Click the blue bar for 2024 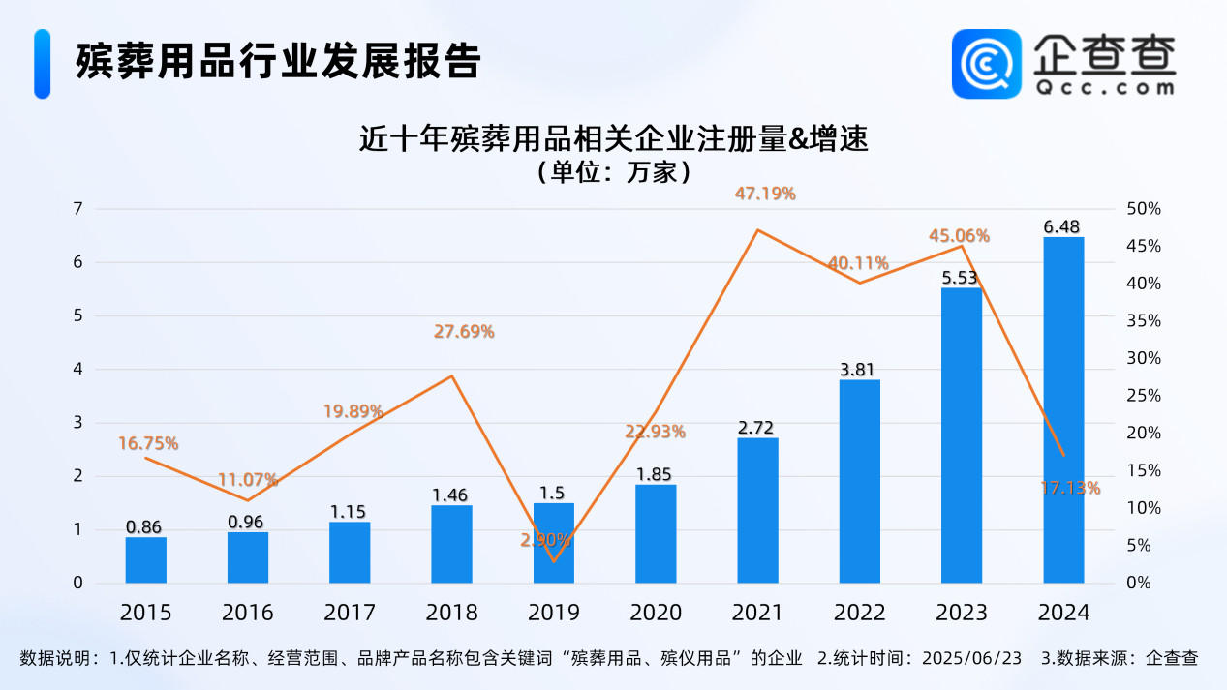pos(1063,410)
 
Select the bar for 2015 pos(146,560)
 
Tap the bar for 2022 pos(860,481)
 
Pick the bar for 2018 pos(451,544)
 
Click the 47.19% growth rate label pos(765,194)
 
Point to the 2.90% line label pos(545,540)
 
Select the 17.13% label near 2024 pos(1071,489)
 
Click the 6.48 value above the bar pos(1063,226)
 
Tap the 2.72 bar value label pos(757,428)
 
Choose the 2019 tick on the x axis pos(554,613)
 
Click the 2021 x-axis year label pos(757,613)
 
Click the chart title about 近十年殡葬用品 pos(613,140)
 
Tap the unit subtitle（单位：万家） pos(613,173)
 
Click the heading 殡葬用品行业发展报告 pos(278,61)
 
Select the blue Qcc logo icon pos(986,64)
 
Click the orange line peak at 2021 pos(757,230)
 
